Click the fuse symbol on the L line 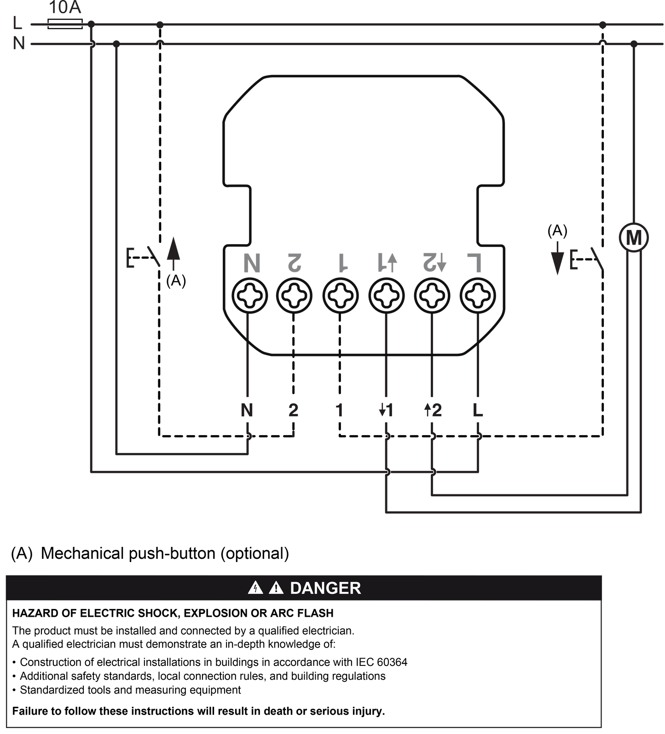pos(65,24)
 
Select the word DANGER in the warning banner pos(325,588)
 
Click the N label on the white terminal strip pos(247,410)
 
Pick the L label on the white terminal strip pos(478,410)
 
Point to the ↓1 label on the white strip pos(386,410)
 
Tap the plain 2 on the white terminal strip pos(293,410)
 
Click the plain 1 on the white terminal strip pos(340,410)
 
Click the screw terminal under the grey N pos(249,295)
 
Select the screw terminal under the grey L pos(478,295)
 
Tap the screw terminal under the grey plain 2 pos(294,295)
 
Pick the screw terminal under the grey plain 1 pos(340,295)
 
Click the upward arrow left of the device pos(173,253)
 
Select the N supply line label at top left pos(18,44)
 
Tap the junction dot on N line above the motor pos(634,44)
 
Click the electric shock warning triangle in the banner pos(255,588)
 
